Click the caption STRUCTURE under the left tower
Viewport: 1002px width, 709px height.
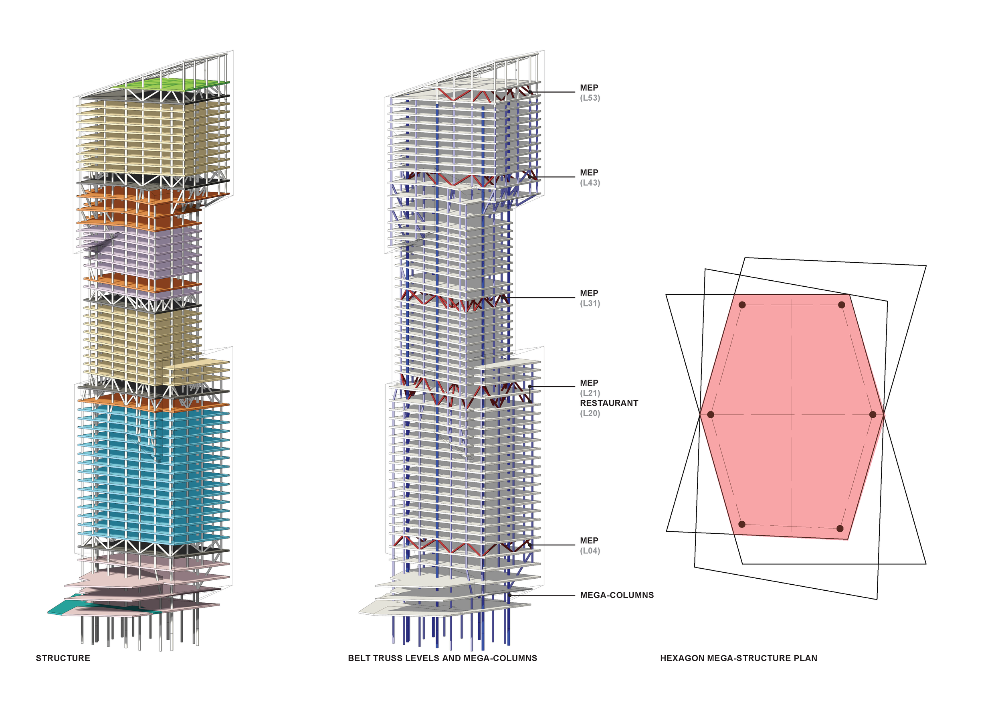coord(63,658)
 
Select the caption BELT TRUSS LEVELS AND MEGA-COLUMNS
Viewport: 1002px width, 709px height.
coord(442,658)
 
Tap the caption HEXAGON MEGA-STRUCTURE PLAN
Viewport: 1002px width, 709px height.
coord(738,658)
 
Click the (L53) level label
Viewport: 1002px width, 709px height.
coord(590,98)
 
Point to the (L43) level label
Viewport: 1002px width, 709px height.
coord(590,183)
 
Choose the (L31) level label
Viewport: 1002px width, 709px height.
coord(590,304)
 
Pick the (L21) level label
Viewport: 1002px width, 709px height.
coord(590,393)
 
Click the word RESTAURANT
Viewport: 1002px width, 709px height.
coord(609,403)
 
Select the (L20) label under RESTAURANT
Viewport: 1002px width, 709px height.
coord(590,413)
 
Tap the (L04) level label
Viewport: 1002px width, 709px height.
coord(590,551)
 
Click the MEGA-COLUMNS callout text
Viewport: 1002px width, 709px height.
coord(617,595)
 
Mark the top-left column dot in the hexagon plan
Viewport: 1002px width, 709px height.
coord(742,305)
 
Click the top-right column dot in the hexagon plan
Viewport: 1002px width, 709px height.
coord(841,305)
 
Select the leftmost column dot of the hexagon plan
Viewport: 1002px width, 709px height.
coord(711,414)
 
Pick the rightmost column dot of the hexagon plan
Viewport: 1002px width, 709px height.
coord(873,414)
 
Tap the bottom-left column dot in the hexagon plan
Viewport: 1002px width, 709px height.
coord(742,524)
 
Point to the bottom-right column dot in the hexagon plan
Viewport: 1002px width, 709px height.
coord(840,529)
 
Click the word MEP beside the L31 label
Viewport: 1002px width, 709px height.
coord(589,294)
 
